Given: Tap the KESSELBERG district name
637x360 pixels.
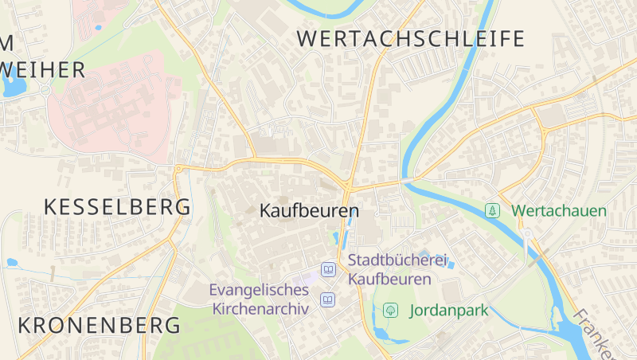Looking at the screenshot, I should [x=117, y=208].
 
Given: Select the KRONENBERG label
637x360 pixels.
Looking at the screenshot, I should [x=100, y=325].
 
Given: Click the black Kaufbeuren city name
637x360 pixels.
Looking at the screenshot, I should [x=309, y=212].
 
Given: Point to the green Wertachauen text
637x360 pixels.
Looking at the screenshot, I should [x=559, y=211].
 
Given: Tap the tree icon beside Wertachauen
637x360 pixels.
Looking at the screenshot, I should [x=493, y=210].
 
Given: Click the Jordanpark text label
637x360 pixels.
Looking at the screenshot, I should [x=448, y=310].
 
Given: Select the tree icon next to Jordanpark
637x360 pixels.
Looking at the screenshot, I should [x=390, y=310].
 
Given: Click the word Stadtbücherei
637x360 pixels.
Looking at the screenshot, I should [x=398, y=260].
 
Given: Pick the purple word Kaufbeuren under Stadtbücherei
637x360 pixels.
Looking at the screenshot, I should [x=389, y=280].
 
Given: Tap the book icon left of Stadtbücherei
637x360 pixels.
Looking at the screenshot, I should [x=328, y=270].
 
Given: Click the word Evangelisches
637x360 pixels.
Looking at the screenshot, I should [x=259, y=290].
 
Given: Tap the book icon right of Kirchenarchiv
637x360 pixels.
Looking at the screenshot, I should [x=327, y=299].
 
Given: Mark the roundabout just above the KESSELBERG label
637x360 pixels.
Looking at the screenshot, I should [x=179, y=168].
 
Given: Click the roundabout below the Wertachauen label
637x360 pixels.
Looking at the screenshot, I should [x=526, y=233].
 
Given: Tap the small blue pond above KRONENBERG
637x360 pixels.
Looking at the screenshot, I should [x=12, y=261].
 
